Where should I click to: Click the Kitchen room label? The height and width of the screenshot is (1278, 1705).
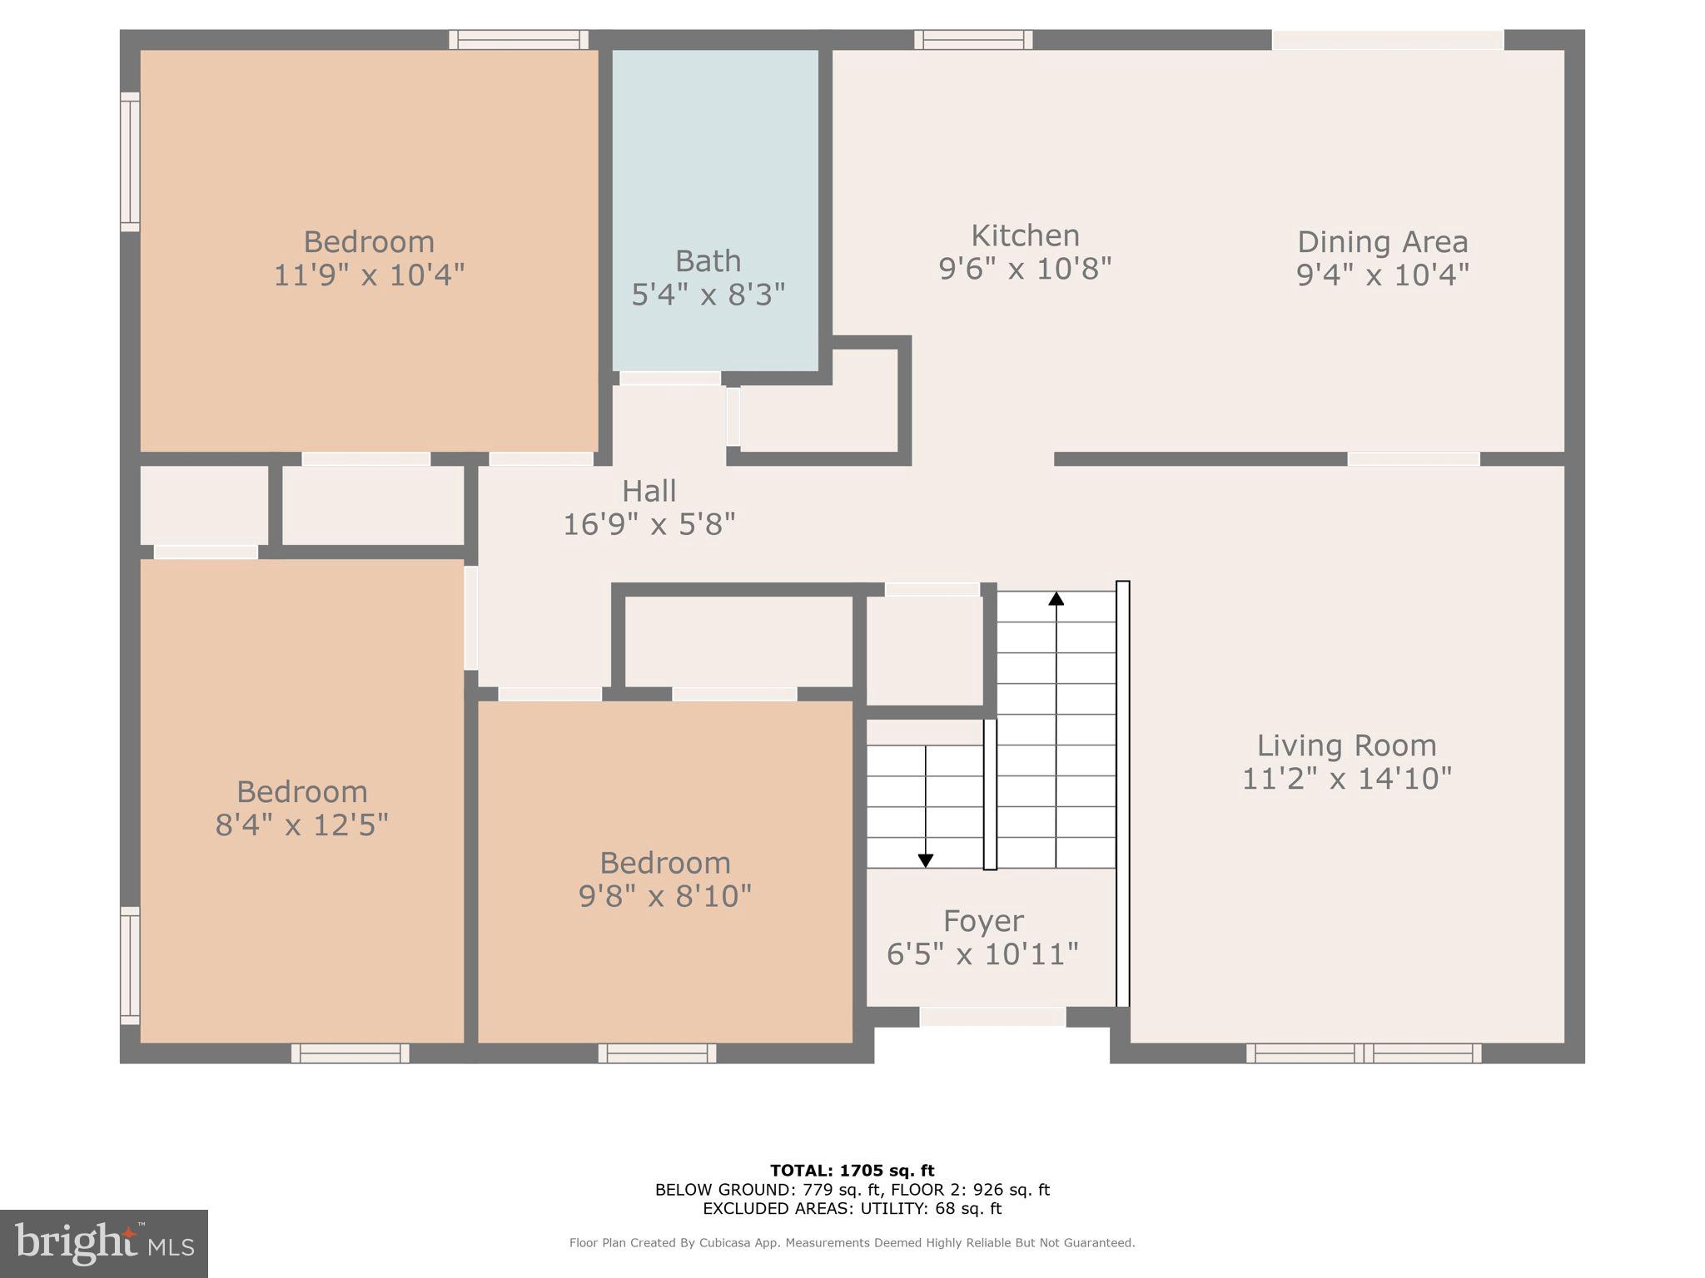tap(1025, 236)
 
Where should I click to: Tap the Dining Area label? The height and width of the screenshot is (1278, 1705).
tap(1382, 242)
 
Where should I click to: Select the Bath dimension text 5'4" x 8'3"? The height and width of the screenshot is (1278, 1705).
tap(708, 295)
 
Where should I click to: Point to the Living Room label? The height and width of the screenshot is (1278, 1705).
tap(1346, 745)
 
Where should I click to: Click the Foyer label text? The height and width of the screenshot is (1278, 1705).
tap(983, 921)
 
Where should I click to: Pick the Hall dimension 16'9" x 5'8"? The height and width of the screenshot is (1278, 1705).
tap(649, 524)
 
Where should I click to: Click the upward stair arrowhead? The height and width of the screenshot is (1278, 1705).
tap(1056, 598)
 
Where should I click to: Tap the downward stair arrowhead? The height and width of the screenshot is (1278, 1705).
tap(925, 860)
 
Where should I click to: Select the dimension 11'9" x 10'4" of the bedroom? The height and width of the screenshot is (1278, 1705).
tap(369, 275)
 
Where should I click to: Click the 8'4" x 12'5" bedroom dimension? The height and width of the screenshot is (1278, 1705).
tap(301, 825)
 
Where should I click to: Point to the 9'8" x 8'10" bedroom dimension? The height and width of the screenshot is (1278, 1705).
tap(665, 896)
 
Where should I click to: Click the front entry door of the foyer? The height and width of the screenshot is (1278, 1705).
tap(992, 1017)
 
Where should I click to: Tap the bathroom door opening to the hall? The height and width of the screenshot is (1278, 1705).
tap(669, 379)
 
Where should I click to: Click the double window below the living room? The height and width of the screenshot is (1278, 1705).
tap(1363, 1053)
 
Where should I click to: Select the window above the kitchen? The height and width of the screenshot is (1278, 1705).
tap(973, 40)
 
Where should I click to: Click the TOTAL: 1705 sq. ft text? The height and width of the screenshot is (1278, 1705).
tap(852, 1171)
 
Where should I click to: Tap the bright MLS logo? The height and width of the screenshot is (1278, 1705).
tap(103, 1244)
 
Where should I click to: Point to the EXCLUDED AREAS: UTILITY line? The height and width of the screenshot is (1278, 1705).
tap(852, 1209)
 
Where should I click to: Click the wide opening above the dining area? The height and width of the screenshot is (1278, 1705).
tap(1387, 40)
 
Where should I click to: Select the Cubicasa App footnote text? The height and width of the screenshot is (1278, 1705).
tap(852, 1243)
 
